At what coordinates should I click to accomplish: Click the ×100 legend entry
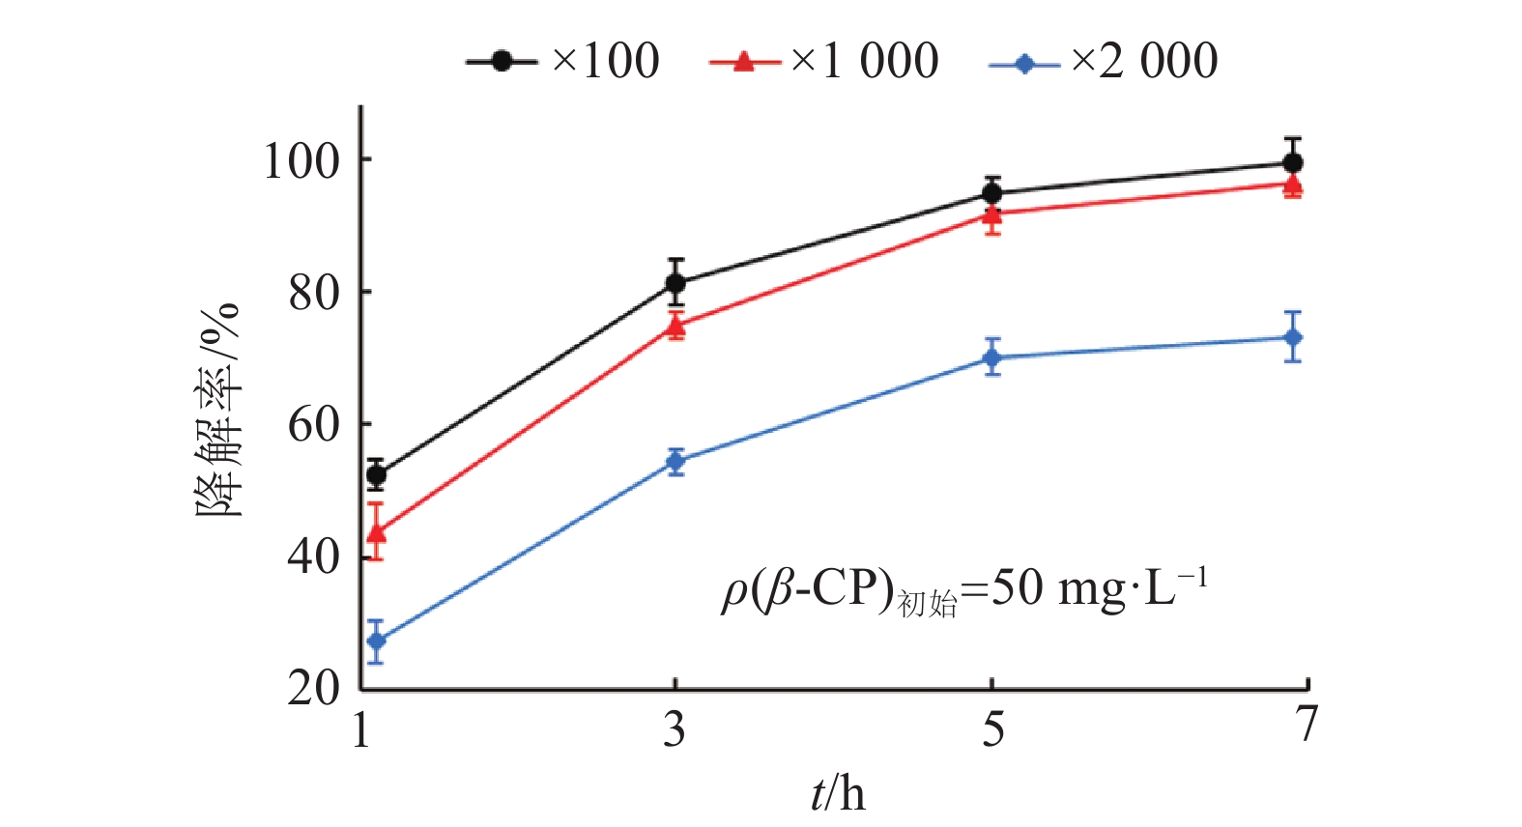563,61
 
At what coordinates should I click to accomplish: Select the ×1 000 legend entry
824,61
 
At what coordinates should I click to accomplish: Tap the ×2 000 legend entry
1105,61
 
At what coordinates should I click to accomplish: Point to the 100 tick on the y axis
302,160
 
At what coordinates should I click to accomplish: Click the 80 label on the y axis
315,292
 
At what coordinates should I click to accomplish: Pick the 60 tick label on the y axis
315,424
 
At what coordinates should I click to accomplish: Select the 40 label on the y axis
315,556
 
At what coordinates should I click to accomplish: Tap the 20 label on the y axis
315,688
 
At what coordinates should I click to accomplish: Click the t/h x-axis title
838,794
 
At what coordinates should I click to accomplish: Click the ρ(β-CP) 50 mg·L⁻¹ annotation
964,589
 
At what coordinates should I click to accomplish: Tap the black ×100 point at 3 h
675,283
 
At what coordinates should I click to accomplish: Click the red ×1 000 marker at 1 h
377,532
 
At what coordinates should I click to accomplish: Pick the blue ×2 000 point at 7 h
1293,337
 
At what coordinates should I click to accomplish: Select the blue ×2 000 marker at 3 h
675,461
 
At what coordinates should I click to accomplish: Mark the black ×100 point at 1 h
377,474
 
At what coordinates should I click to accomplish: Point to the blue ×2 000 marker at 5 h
992,357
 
